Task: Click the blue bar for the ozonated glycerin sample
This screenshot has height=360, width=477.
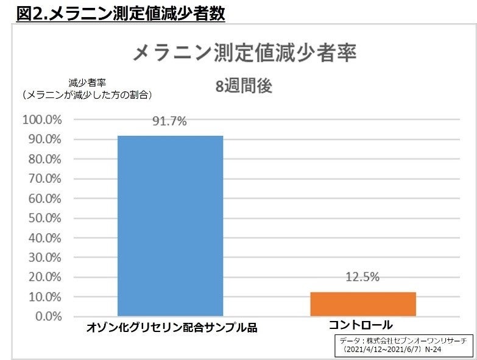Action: (170, 225)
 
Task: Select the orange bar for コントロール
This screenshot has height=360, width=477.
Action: (362, 304)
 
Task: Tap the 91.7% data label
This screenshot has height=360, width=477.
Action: (170, 121)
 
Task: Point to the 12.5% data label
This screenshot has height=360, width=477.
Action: (362, 277)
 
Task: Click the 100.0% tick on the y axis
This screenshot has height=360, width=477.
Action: (41, 119)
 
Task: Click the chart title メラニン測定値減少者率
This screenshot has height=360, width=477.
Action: (244, 52)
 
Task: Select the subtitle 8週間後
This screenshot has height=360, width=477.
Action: (244, 86)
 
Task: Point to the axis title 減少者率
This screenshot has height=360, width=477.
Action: (88, 83)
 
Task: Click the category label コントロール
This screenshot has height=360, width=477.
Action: (361, 326)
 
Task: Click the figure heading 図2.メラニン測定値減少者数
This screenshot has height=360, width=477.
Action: (121, 13)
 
